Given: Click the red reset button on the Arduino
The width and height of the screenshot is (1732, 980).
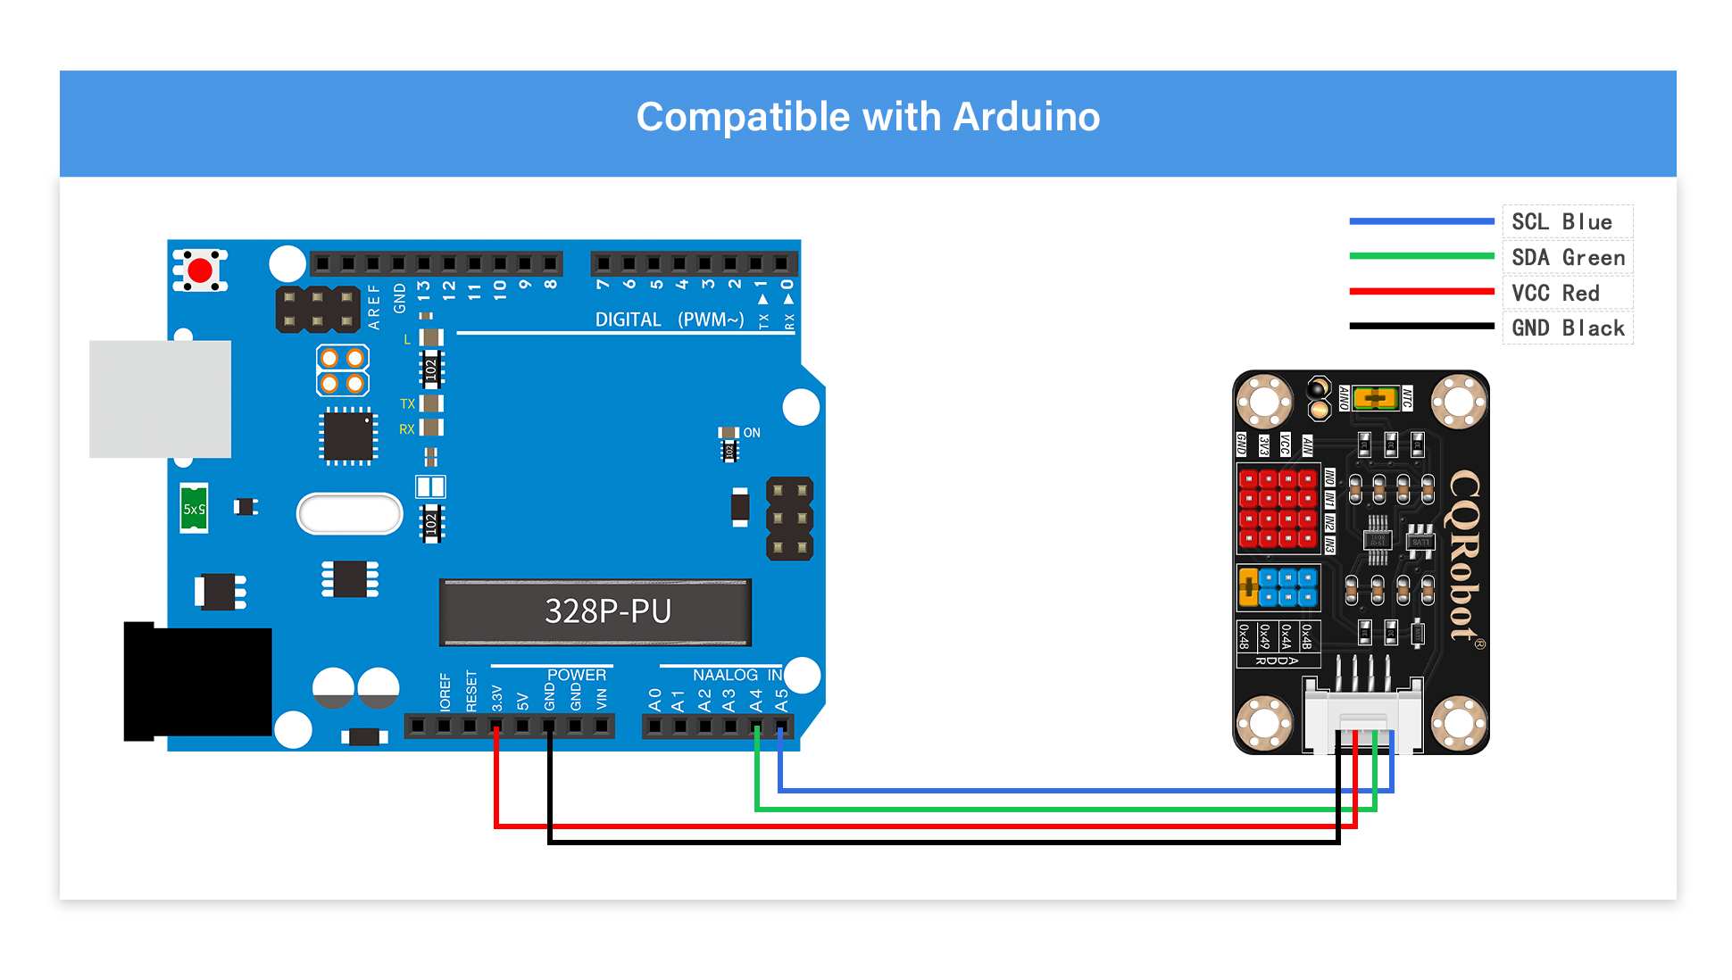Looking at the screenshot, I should coord(200,270).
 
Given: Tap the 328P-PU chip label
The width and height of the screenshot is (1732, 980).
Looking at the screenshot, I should coord(607,611).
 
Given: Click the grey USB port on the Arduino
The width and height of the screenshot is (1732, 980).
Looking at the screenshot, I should coord(161,399).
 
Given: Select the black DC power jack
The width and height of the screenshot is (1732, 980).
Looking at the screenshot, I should coord(198,682).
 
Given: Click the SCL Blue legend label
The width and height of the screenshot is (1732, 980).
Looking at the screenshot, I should coord(1561,222).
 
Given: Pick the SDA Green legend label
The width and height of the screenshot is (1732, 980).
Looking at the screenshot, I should coord(1568,258).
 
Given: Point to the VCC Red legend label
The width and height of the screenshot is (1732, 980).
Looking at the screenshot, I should coord(1555,293).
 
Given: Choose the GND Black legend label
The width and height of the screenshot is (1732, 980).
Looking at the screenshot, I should coord(1568,328).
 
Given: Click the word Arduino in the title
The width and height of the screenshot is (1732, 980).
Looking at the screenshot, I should coord(1026,117).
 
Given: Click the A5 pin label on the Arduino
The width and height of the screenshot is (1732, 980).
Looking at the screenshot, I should coord(782,700).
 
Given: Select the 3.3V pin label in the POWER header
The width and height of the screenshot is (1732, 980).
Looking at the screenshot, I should coord(497,698).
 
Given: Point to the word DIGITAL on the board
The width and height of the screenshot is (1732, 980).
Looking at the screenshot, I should coord(629,320).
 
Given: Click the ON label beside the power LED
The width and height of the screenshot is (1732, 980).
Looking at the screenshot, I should coord(752,433).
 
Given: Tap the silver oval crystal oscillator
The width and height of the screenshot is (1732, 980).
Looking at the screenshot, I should coord(349,513).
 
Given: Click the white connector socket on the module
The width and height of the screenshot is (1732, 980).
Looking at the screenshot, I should coord(1362,715).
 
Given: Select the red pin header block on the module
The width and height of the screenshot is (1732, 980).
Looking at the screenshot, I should coord(1278,508).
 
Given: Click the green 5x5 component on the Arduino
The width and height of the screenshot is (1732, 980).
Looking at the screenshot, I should coord(194,509).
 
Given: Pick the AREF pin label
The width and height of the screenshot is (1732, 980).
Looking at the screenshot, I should coord(374,306).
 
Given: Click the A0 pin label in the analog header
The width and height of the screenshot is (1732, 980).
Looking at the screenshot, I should coord(655,700).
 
